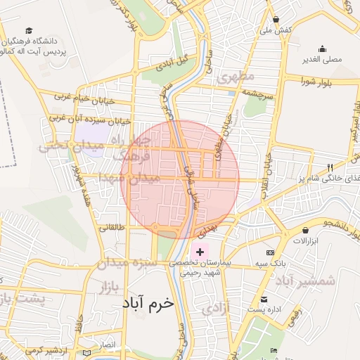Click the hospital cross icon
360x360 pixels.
point(200,252)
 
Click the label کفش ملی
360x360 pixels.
point(276,30)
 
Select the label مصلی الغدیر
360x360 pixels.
point(322,59)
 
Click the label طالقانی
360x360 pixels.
point(113,227)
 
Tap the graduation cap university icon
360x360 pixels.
point(29,30)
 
